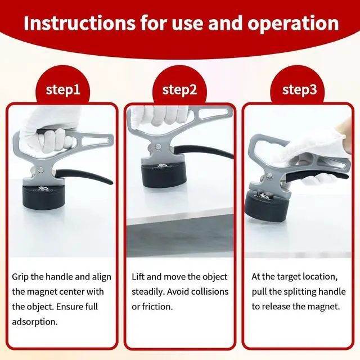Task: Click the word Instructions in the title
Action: tap(79, 23)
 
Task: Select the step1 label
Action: tap(63, 89)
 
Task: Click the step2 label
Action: tap(179, 89)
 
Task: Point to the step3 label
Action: tap(300, 89)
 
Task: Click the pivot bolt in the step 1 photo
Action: tap(41, 169)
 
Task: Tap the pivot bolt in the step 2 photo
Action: tap(158, 146)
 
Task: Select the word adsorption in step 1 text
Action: tap(35, 321)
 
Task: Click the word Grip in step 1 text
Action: tap(20, 277)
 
